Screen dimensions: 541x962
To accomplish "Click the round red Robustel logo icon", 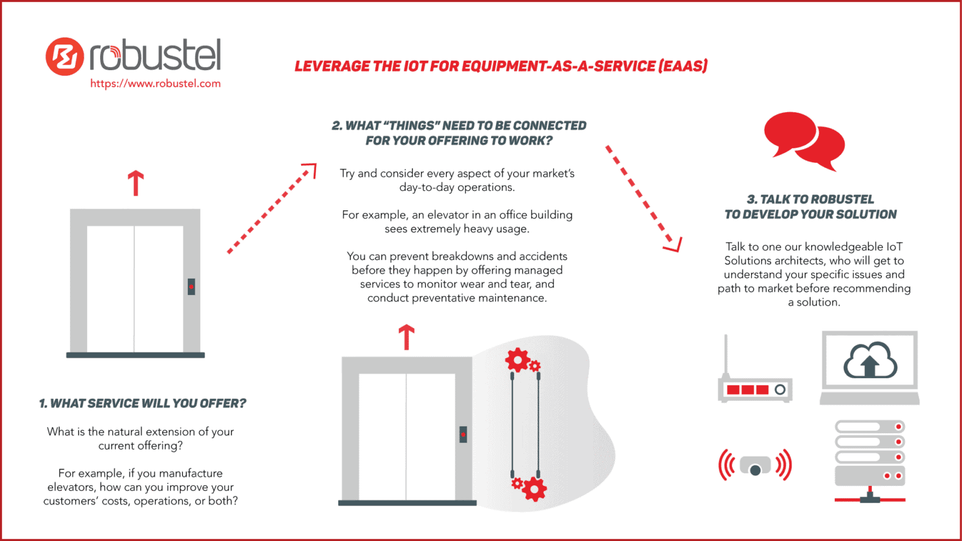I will pos(65,57).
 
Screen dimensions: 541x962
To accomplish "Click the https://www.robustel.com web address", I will pos(155,83).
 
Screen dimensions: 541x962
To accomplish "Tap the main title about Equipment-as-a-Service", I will pos(501,66).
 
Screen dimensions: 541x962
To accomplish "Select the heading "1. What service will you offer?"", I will pos(143,403).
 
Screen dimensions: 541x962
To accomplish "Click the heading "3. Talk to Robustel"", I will pos(810,199).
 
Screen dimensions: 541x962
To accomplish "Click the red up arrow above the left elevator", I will pos(136,183).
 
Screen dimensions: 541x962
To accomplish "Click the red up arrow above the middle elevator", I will pos(406,336).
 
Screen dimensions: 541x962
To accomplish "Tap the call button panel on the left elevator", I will pos(191,287).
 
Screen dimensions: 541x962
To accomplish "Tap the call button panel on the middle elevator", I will pos(463,435).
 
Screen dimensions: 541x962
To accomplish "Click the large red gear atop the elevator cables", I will pos(517,360).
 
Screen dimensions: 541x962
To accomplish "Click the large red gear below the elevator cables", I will pos(534,488).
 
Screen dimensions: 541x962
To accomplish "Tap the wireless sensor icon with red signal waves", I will pos(755,466).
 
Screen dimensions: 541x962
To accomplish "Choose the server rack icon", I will pos(870,460).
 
